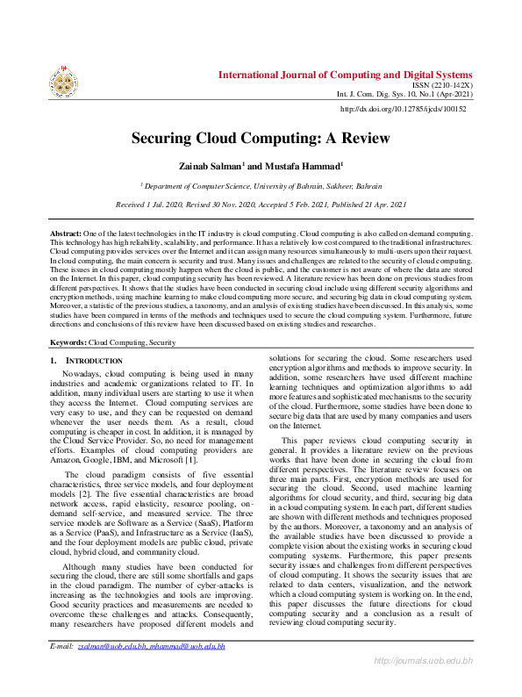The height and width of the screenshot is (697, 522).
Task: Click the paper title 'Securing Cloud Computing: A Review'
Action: (x=261, y=138)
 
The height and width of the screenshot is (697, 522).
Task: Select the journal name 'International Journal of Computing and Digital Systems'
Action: (x=345, y=75)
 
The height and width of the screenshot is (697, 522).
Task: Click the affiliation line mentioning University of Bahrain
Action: (x=261, y=186)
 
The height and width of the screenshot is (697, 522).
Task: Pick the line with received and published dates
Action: (x=261, y=204)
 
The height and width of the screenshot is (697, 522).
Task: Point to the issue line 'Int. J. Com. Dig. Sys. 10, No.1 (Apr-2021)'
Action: (x=404, y=94)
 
